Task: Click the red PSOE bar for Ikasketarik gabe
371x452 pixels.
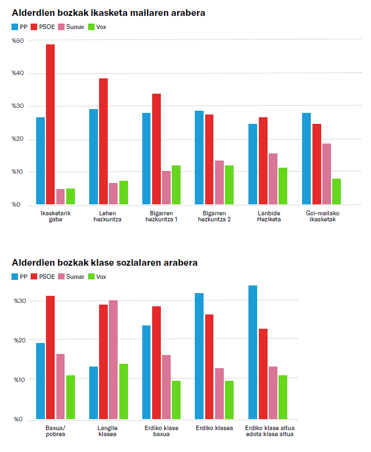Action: (x=50, y=124)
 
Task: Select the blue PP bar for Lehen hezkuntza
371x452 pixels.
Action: (x=94, y=157)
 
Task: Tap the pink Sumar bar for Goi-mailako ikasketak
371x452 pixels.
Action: (x=327, y=174)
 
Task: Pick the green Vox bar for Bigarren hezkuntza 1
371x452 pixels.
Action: (x=176, y=185)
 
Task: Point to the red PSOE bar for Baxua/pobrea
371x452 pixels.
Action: (x=50, y=357)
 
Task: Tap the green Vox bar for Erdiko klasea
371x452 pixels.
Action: (x=229, y=400)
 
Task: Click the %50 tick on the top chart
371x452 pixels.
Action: (x=18, y=41)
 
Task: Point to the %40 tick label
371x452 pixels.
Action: (x=18, y=73)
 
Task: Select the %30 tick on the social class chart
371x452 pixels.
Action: (x=18, y=301)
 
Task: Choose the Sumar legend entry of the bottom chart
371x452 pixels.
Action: (x=71, y=277)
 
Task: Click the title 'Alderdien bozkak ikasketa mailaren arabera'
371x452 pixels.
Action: (x=105, y=13)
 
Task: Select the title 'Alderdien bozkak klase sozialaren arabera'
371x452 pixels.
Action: (x=105, y=263)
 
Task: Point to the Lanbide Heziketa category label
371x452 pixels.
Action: (x=268, y=216)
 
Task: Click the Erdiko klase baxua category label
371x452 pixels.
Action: (x=161, y=431)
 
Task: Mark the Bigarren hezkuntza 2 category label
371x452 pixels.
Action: (x=215, y=216)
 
